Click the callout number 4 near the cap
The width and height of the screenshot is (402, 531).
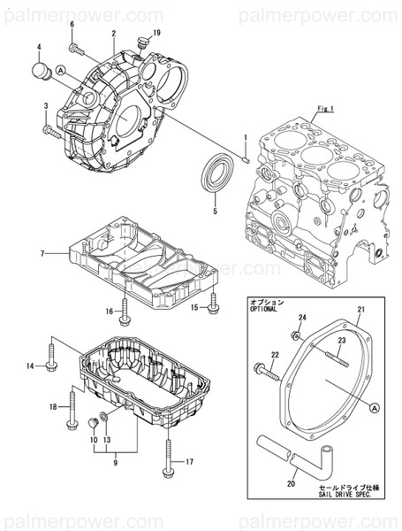click(39, 46)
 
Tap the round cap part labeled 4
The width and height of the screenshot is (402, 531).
click(40, 70)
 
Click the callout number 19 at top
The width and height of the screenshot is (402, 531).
click(156, 33)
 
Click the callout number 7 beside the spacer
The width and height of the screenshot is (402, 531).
click(42, 254)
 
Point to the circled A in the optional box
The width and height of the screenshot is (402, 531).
click(375, 408)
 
